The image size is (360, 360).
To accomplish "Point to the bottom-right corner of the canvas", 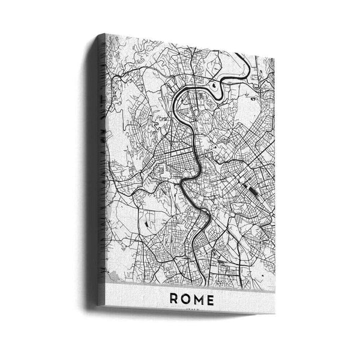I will point(274,314).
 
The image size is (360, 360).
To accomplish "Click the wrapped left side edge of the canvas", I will point(99,168).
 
